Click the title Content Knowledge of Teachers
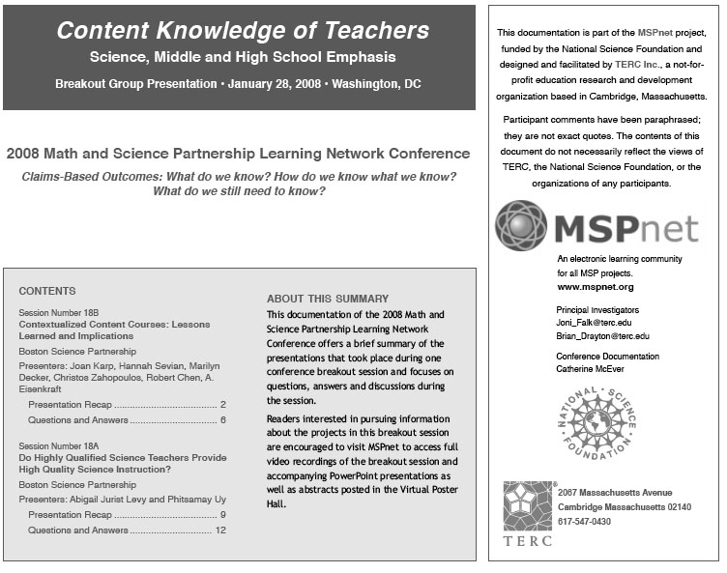(242, 30)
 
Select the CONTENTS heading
(46, 291)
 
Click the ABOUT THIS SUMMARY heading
(327, 299)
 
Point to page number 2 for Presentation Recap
(222, 405)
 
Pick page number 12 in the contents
(220, 530)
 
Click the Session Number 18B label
(59, 313)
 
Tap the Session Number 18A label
(59, 444)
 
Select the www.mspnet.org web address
(596, 287)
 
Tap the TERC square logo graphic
(527, 505)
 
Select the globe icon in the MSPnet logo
(521, 225)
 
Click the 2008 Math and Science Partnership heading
(238, 154)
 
